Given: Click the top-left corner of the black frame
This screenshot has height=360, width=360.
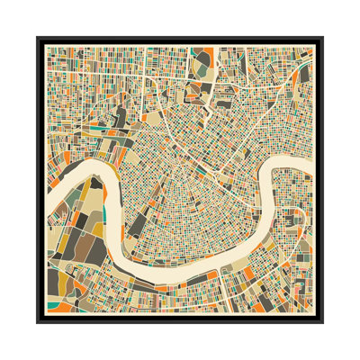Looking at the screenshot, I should pyautogui.click(x=38, y=38).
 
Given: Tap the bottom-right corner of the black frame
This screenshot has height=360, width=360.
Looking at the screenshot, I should pyautogui.click(x=322, y=322).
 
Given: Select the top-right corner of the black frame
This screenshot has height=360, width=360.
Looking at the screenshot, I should pyautogui.click(x=322, y=38).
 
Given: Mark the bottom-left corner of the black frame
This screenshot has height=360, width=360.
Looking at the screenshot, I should pyautogui.click(x=38, y=322).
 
